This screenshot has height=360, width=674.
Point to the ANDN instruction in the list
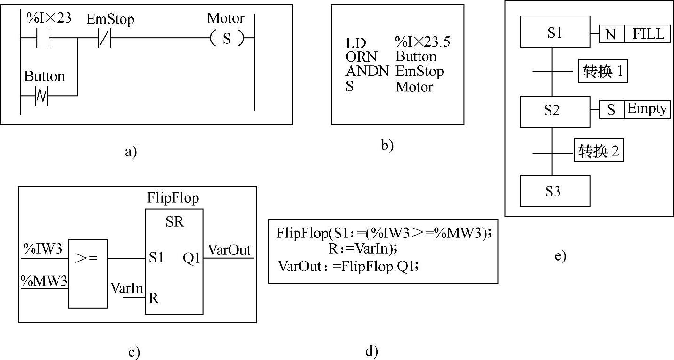[367, 72]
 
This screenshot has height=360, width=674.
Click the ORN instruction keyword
[361, 57]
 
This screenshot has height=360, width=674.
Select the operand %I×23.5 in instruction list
[423, 42]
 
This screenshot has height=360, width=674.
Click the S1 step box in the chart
[555, 32]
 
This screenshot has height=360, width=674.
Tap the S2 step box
[555, 112]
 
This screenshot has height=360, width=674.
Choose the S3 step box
[555, 191]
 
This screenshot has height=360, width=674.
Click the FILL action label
[648, 34]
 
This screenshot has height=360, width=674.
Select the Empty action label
[647, 109]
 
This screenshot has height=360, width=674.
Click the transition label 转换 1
[602, 72]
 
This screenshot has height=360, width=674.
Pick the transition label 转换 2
[599, 151]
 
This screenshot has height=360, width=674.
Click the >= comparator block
[88, 273]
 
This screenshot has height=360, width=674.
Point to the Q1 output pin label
[192, 258]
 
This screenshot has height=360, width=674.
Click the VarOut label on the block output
[230, 250]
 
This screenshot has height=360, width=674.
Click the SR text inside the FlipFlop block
[174, 223]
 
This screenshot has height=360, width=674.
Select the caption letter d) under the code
[371, 351]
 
